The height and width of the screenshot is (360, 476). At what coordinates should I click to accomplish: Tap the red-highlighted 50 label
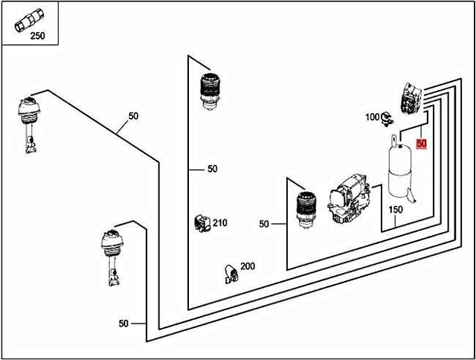coord(421,144)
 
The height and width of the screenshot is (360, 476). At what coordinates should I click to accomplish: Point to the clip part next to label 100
coord(387,118)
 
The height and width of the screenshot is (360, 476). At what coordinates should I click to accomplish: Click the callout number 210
coord(220,222)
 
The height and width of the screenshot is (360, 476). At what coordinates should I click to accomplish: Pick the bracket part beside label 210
coord(200,222)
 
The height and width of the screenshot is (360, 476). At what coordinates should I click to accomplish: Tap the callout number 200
coord(247,266)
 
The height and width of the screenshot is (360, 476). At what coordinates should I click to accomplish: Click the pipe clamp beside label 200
coord(230,274)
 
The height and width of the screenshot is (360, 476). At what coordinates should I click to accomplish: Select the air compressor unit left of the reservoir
coord(349,199)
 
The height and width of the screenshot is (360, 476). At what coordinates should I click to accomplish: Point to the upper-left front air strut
coord(28,123)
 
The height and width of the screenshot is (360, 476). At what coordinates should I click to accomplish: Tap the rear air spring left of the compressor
coord(305,209)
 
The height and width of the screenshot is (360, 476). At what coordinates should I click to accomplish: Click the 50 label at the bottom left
coord(123,324)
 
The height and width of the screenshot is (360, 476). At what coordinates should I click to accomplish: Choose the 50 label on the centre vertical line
coord(212,169)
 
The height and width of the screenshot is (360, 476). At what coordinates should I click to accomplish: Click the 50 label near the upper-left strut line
coord(133,116)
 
